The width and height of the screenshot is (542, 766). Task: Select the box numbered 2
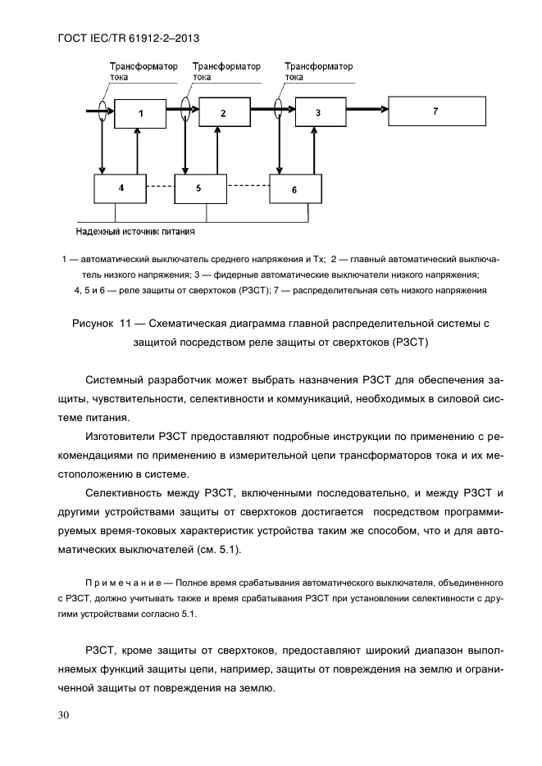pyautogui.click(x=224, y=111)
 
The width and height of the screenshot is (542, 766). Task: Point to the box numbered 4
pyautogui.click(x=121, y=188)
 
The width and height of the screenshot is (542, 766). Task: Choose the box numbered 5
pyautogui.click(x=199, y=188)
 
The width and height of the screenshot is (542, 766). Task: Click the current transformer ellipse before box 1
pyautogui.click(x=101, y=109)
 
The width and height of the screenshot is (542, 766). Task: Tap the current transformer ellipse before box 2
pyautogui.click(x=188, y=108)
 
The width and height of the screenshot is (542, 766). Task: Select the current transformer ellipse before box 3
pyautogui.click(x=280, y=108)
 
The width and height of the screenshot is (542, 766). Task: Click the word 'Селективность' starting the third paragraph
pyautogui.click(x=127, y=492)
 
